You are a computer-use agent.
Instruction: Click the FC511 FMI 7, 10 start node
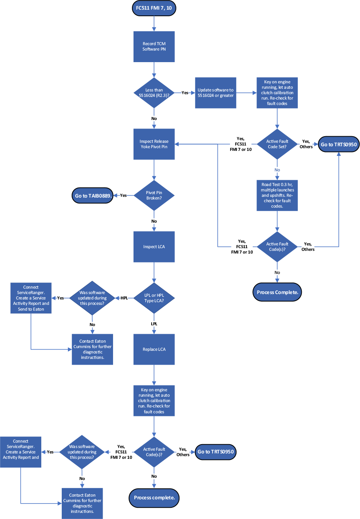[154, 8]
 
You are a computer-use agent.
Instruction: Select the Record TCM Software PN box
[154, 47]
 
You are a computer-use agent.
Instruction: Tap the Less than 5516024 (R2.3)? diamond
[154, 93]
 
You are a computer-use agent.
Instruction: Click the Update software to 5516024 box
[215, 93]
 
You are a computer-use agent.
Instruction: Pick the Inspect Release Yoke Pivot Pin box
[154, 144]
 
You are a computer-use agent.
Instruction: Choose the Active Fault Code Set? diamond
[277, 144]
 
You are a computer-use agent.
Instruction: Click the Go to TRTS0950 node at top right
[338, 144]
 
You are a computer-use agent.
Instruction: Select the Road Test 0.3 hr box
[277, 195]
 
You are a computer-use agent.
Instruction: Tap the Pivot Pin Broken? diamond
[154, 195]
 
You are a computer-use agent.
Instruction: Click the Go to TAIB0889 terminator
[93, 196]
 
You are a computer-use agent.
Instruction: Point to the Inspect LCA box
[154, 247]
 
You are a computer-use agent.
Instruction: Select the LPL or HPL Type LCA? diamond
[154, 298]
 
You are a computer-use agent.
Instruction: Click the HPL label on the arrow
[124, 298]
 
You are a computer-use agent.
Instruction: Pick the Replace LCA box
[154, 349]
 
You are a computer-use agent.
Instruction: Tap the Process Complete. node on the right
[277, 292]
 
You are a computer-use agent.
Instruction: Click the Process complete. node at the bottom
[154, 497]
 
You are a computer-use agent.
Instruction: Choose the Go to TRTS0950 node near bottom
[215, 452]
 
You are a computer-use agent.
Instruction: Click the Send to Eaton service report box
[31, 298]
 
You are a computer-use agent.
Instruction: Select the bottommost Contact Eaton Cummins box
[82, 503]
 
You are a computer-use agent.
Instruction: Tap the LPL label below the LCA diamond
[154, 324]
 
